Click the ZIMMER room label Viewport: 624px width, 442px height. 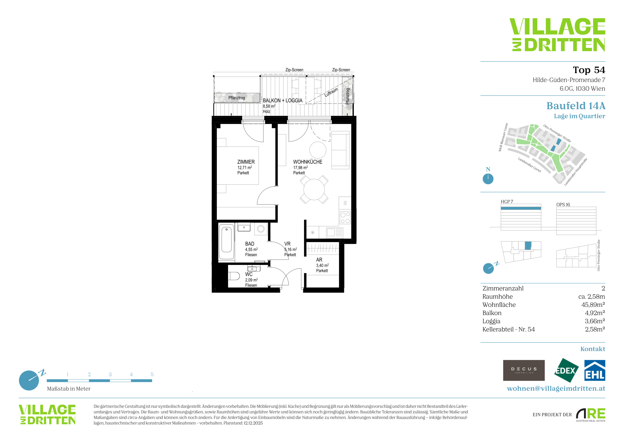(246, 162)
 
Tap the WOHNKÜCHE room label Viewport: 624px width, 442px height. (308, 162)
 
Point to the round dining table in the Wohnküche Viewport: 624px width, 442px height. (314, 189)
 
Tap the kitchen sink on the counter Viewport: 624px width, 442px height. (335, 233)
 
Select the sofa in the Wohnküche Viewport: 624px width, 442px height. (340, 150)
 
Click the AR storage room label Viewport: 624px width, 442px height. (319, 260)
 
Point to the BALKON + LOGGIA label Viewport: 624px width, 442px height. (282, 100)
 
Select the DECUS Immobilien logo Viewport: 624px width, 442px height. (524, 370)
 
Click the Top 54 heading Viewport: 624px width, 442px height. (589, 70)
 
